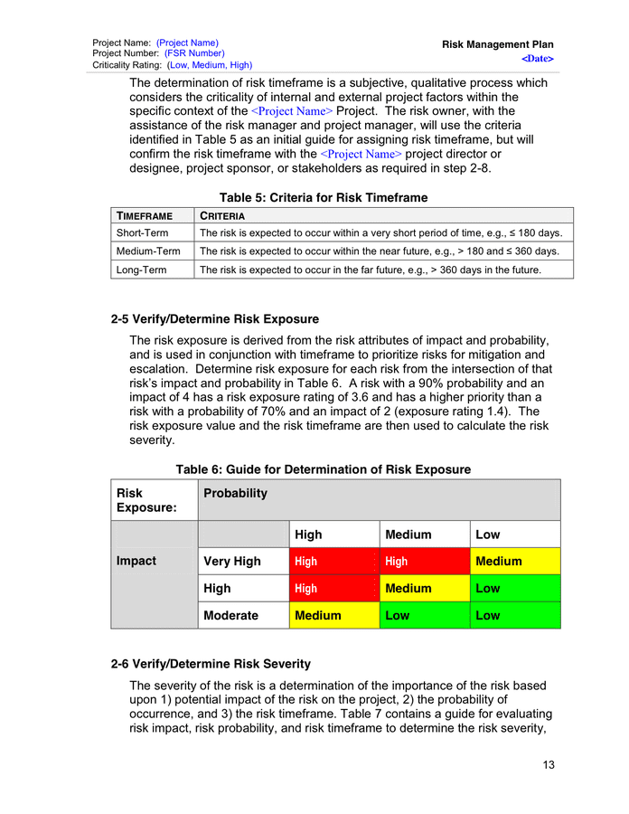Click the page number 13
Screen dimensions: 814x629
(x=549, y=765)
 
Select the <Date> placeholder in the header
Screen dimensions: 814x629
(x=537, y=59)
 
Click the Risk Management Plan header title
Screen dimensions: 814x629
(x=497, y=44)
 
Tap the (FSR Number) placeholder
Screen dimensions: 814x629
(x=194, y=53)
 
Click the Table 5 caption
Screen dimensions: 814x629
(x=324, y=197)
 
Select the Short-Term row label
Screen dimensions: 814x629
(x=143, y=233)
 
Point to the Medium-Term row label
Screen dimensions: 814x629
(x=148, y=251)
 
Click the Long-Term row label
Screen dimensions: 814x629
(x=142, y=270)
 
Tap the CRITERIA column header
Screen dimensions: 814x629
(x=222, y=216)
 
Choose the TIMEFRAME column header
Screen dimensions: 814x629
(x=144, y=216)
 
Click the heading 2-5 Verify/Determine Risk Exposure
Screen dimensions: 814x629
(x=214, y=319)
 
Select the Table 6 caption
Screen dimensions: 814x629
(x=323, y=469)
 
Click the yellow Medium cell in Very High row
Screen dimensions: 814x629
(x=513, y=562)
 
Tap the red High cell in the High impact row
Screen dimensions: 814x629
(x=333, y=589)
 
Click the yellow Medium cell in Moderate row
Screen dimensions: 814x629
(x=333, y=616)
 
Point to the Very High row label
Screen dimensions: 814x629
(x=232, y=562)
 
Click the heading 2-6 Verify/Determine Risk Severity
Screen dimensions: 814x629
(x=211, y=664)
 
